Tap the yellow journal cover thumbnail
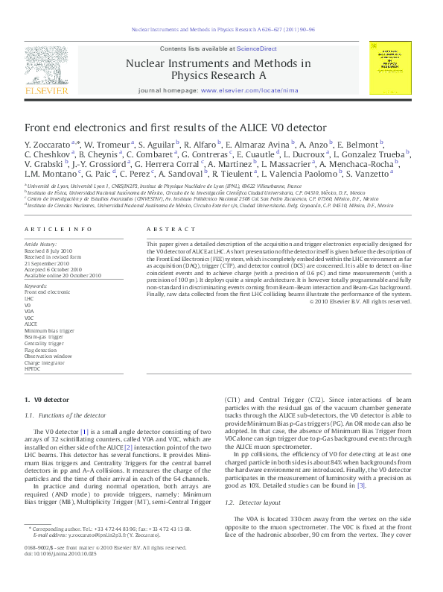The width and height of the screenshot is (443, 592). (x=390, y=68)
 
